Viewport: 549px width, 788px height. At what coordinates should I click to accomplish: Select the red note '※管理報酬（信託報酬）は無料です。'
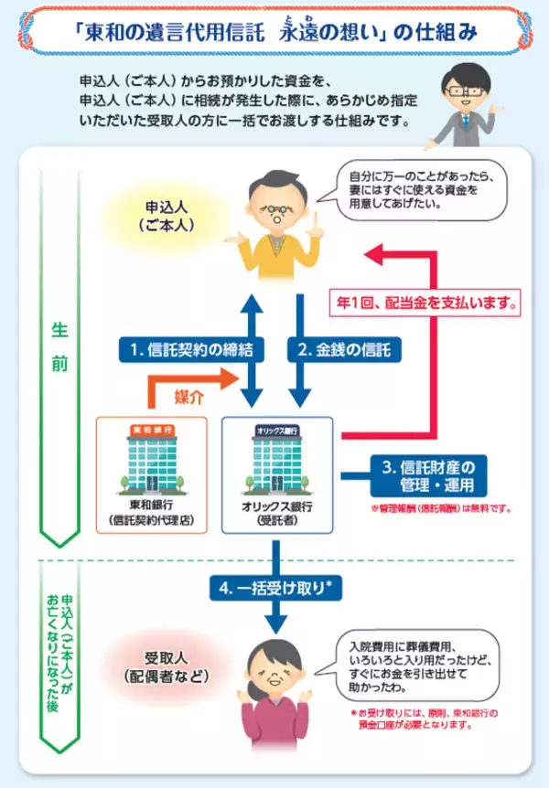(439, 508)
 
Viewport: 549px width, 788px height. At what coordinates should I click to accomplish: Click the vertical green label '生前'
(56, 346)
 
